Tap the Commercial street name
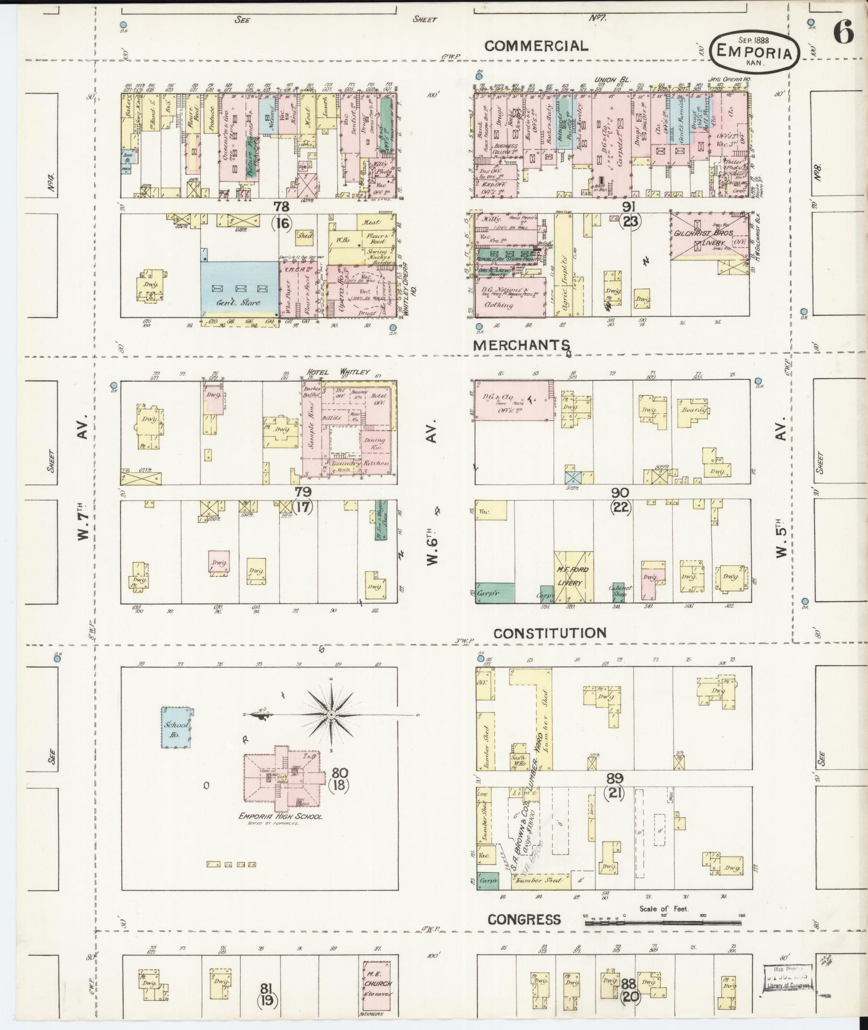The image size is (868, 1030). [536, 46]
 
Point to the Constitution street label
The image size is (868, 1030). [549, 633]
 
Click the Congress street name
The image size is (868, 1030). [524, 919]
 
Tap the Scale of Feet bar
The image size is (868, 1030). [663, 923]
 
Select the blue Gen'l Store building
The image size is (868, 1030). [239, 288]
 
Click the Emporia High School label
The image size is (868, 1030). [281, 831]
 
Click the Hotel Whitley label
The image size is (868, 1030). [338, 372]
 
